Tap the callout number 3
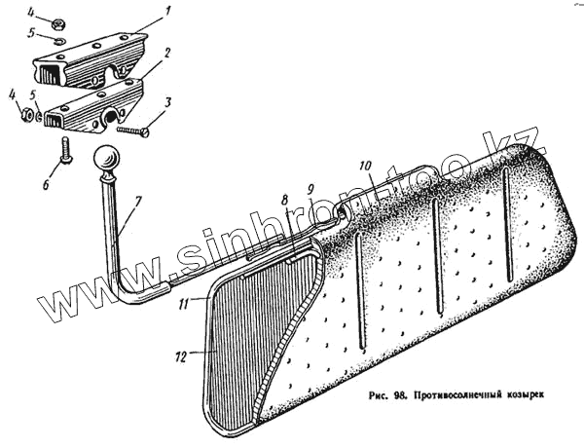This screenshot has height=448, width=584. [168, 101]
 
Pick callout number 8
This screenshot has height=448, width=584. [283, 199]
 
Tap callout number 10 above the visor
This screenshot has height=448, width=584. [364, 166]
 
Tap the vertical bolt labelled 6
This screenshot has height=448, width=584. [65, 150]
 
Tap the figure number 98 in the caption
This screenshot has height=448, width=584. [396, 394]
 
